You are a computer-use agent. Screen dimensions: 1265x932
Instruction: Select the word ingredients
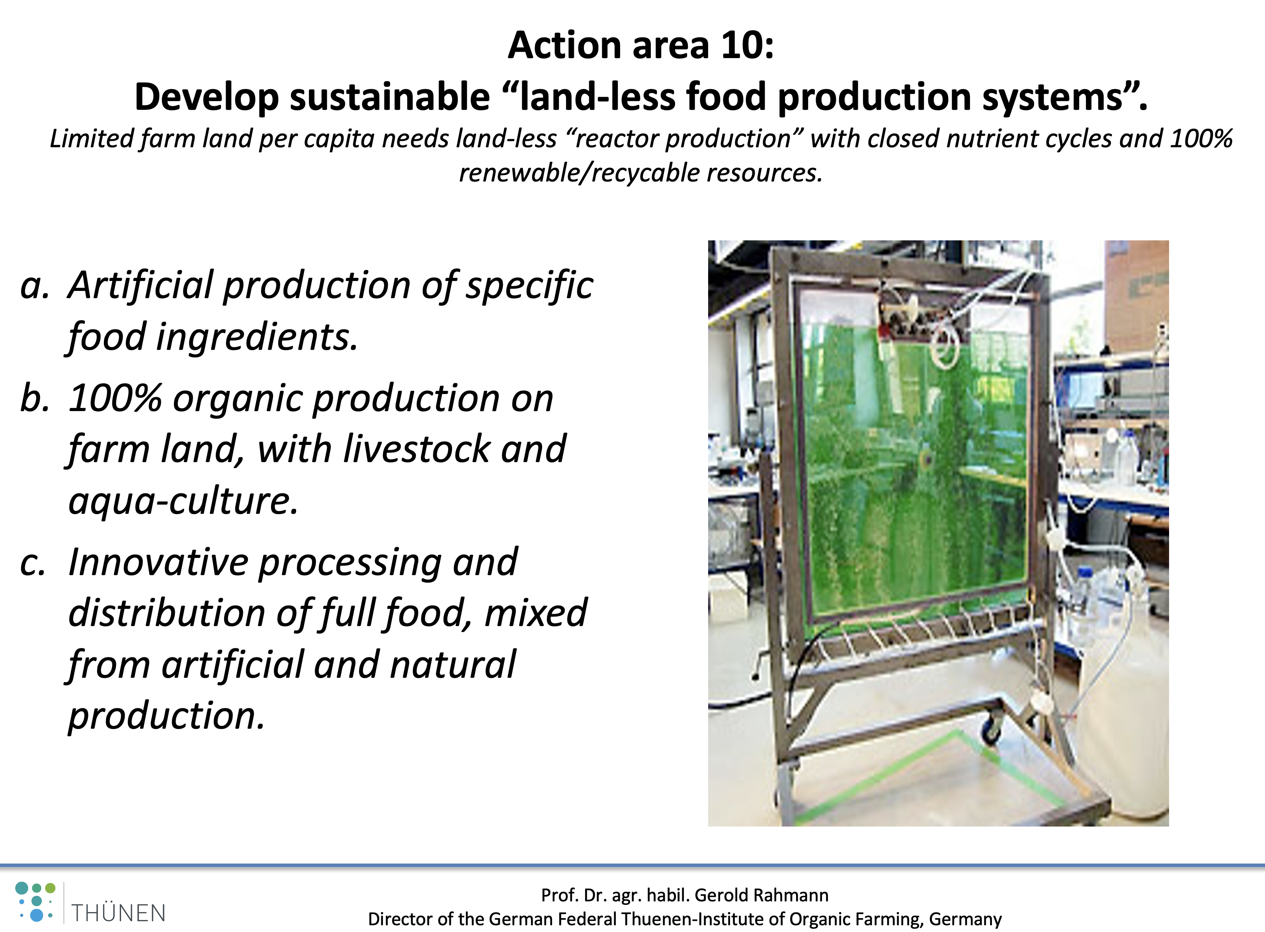[257, 338]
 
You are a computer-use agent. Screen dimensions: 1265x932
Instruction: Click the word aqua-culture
[183, 501]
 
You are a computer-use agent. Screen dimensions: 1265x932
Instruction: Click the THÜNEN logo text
[119, 912]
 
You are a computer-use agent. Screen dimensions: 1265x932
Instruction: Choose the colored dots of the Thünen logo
[35, 901]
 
